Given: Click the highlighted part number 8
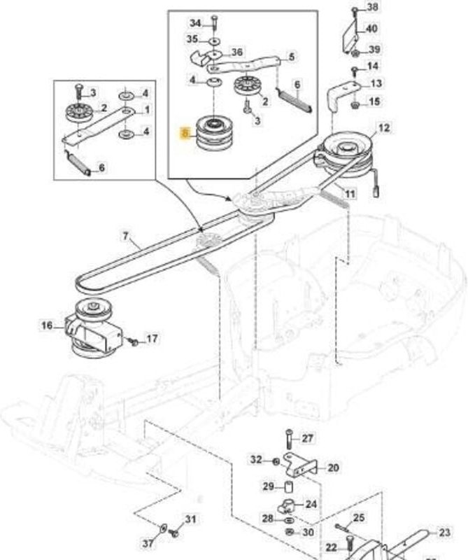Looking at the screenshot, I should point(185,132).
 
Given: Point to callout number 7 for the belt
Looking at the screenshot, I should point(127,236).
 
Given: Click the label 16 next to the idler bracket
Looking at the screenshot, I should point(46,325).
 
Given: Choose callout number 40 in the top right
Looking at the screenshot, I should point(371,29).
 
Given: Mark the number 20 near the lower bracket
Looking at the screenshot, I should point(332,468).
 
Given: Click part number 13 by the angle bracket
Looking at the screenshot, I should point(376,83).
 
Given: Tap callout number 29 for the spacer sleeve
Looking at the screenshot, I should point(268,486).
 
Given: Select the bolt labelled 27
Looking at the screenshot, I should point(288,440).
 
